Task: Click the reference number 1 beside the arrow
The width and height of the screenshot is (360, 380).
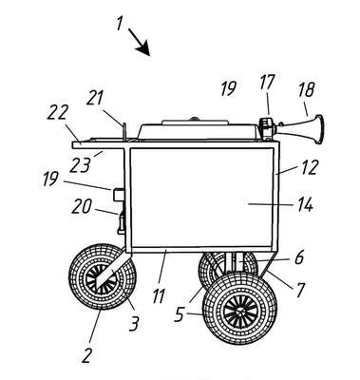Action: [120, 24]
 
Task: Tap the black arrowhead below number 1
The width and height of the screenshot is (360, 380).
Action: [143, 48]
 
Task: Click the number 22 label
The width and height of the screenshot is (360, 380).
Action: [57, 112]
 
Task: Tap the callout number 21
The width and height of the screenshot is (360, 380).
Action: [95, 97]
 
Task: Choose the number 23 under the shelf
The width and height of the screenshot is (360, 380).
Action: [80, 164]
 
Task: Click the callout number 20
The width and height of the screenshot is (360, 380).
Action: [82, 206]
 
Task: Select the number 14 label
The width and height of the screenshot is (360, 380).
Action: [305, 204]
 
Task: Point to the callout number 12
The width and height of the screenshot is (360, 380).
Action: [308, 167]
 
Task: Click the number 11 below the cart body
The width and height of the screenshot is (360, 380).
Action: [159, 296]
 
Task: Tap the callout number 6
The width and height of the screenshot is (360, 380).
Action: [299, 257]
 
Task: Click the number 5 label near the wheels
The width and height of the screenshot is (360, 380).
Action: [180, 315]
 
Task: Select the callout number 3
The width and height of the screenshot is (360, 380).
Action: [134, 323]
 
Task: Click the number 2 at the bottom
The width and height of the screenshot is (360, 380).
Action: [86, 355]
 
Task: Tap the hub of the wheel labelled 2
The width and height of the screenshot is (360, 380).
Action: [102, 277]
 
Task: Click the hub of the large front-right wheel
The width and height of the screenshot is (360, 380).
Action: [239, 312]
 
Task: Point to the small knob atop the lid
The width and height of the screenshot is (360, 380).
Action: [194, 119]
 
